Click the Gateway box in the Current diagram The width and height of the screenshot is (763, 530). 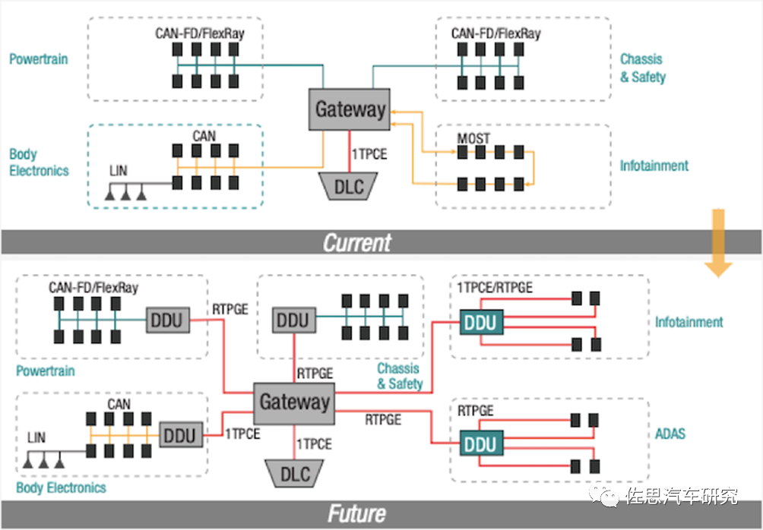pyautogui.click(x=350, y=109)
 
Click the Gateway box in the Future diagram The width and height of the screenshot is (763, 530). pyautogui.click(x=294, y=402)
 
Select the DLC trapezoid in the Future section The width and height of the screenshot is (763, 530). pyautogui.click(x=295, y=474)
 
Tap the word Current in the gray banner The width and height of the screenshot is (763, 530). pyautogui.click(x=356, y=242)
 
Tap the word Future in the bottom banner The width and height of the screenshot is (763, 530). pyautogui.click(x=356, y=514)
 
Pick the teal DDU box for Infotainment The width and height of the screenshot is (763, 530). pyautogui.click(x=480, y=323)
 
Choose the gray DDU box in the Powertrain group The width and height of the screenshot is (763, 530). pyautogui.click(x=166, y=320)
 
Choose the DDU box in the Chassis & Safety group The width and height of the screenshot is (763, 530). pyautogui.click(x=293, y=320)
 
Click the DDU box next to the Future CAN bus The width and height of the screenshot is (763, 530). pyautogui.click(x=180, y=436)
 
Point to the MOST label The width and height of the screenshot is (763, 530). pyautogui.click(x=473, y=138)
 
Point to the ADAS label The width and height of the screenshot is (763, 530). pyautogui.click(x=670, y=434)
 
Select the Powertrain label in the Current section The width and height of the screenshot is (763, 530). pyautogui.click(x=39, y=58)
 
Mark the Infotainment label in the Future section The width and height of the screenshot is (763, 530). pyautogui.click(x=689, y=322)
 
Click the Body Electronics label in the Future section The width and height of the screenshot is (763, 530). pyautogui.click(x=61, y=487)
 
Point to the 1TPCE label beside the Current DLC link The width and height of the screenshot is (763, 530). pyautogui.click(x=369, y=154)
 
